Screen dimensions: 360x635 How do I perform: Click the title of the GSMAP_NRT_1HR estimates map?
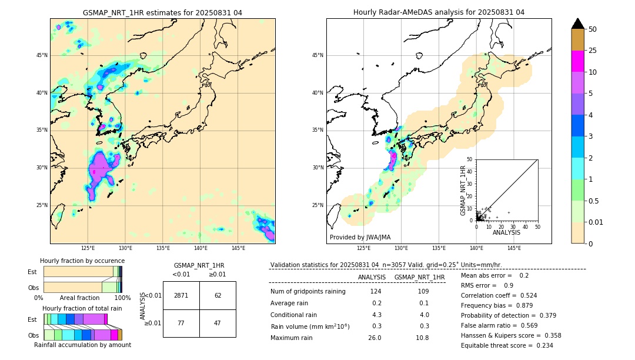click(x=162, y=12)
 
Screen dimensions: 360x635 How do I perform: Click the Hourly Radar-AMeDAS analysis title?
click(x=439, y=12)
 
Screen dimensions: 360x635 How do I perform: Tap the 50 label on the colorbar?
click(x=593, y=29)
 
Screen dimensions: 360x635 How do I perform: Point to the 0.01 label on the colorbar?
click(x=596, y=222)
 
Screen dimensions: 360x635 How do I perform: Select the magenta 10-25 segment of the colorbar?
click(x=577, y=61)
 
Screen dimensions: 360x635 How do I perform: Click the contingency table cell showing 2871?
click(x=181, y=295)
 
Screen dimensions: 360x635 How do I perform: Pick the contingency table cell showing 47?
click(x=218, y=324)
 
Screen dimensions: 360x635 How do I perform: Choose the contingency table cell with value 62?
click(x=218, y=295)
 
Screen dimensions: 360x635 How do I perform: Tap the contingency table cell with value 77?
click(x=181, y=324)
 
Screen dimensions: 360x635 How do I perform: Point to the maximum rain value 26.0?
click(x=375, y=338)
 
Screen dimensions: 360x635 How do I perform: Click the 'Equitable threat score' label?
click(x=498, y=345)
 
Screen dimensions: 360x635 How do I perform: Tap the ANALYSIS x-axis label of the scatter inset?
click(x=506, y=233)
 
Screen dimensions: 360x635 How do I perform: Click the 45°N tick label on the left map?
click(x=42, y=55)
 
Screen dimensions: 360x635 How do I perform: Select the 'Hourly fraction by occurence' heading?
click(x=82, y=261)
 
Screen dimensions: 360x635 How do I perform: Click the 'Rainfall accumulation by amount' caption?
click(x=82, y=345)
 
